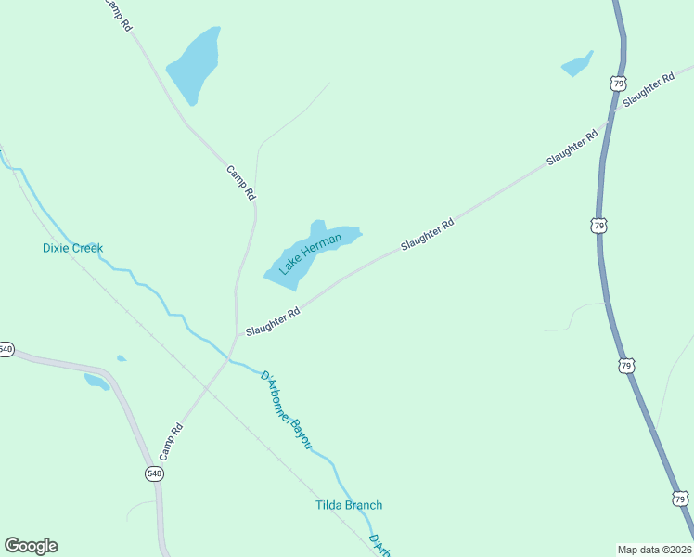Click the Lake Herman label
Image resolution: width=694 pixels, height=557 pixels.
310,253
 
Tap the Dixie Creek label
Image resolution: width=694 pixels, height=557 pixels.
72,248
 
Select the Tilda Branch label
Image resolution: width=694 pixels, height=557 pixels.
348,505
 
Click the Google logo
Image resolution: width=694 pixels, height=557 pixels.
31,546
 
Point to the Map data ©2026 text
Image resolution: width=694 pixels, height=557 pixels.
654,550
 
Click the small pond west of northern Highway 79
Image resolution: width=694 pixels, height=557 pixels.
576,65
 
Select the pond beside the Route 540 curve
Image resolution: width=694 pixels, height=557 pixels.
96,381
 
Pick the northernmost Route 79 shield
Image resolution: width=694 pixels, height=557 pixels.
618,84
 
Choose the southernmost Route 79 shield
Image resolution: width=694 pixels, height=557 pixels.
680,499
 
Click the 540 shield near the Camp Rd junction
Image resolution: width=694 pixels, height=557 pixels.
154,473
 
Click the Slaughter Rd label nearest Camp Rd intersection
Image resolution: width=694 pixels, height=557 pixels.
273,322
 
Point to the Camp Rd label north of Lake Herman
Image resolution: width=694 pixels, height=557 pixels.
240,183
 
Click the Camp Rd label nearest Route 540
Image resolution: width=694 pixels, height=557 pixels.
170,442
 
